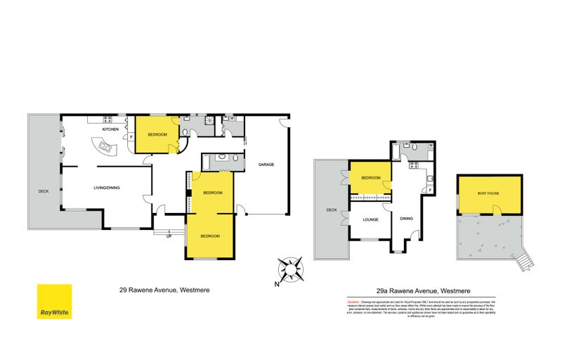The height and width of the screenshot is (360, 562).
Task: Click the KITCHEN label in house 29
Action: pyautogui.click(x=110, y=130)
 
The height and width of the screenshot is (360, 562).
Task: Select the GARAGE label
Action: pyautogui.click(x=266, y=165)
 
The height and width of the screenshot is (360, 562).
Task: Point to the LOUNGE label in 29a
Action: pyautogui.click(x=370, y=219)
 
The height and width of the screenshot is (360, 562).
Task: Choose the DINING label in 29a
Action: pyautogui.click(x=406, y=218)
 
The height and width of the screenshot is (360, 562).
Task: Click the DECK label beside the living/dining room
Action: pyautogui.click(x=43, y=191)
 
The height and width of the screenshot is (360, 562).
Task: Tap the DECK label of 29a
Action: pyautogui.click(x=332, y=209)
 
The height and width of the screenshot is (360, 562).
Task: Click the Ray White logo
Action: pyautogui.click(x=54, y=302)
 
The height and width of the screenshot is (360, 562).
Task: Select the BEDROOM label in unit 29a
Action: pyautogui.click(x=370, y=179)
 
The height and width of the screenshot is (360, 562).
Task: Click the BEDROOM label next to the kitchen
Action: pyautogui.click(x=157, y=134)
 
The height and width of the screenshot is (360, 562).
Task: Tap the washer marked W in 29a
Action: pyautogui.click(x=431, y=145)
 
